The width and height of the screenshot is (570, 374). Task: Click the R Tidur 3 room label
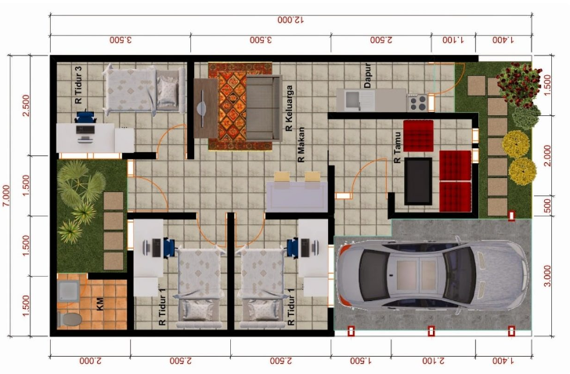click(x=78, y=85)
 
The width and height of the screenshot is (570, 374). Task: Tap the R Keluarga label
click(x=290, y=108)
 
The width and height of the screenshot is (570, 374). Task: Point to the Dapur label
click(x=367, y=75)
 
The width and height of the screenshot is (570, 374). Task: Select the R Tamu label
click(x=398, y=147)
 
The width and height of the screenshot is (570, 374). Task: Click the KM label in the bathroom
click(x=100, y=304)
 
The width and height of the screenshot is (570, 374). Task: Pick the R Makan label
click(x=301, y=144)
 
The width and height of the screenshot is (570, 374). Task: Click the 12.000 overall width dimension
click(x=290, y=20)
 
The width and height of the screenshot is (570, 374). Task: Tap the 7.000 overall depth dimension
click(x=6, y=195)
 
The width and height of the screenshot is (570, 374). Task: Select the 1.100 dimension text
click(x=453, y=40)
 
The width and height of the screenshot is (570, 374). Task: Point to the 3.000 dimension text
click(x=547, y=276)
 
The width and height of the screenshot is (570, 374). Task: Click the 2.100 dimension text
click(x=433, y=361)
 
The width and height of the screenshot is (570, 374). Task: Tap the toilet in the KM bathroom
click(x=70, y=319)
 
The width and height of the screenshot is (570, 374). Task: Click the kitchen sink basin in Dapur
click(x=352, y=100)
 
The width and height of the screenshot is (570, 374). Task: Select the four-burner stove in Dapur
click(x=417, y=103)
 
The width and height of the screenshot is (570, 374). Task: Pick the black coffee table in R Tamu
click(x=418, y=181)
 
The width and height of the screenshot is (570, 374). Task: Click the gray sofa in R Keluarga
click(x=264, y=108)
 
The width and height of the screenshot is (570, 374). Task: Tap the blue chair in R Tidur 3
click(x=86, y=118)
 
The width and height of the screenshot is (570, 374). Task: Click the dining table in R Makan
click(x=297, y=197)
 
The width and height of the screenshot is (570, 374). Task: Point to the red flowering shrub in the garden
click(x=519, y=85)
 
